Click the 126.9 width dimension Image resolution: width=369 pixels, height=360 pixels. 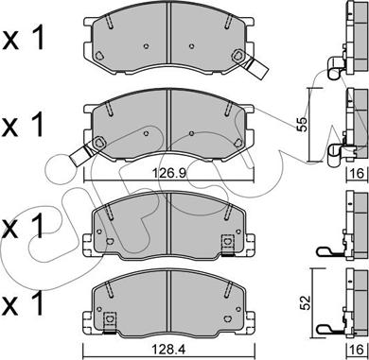coord(168,173)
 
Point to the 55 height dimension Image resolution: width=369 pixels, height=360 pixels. coord(302,124)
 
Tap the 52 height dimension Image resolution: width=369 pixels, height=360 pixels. coord(307,302)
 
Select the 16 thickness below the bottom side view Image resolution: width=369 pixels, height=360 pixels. coord(359,349)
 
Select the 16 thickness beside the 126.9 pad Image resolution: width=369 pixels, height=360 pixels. coord(359,173)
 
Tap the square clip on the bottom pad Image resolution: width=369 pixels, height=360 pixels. coord(110,321)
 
